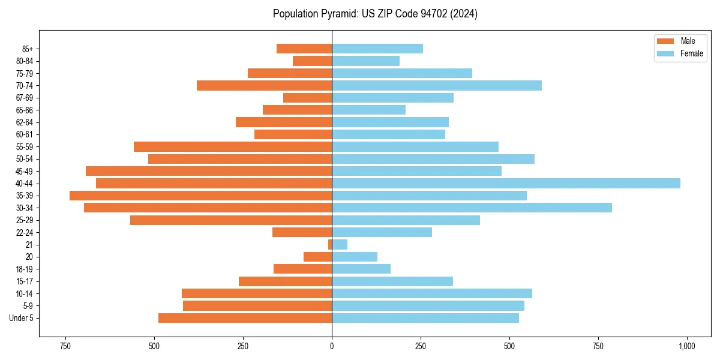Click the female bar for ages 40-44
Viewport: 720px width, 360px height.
pos(506,183)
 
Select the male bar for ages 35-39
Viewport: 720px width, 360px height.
pos(201,196)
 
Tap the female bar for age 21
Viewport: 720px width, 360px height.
pos(340,244)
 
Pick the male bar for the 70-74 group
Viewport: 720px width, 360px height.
pos(264,85)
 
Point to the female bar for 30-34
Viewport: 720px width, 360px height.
pos(472,208)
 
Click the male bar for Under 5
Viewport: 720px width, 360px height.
pos(245,318)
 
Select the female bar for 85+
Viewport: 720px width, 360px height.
pos(377,49)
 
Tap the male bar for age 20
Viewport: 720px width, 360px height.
pos(318,257)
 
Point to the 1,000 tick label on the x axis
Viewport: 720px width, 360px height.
pos(687,346)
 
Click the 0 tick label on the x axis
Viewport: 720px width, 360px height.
pos(332,346)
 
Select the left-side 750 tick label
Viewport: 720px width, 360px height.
pos(65,346)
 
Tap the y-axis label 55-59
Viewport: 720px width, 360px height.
pos(25,146)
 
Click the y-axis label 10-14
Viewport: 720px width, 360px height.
pos(25,293)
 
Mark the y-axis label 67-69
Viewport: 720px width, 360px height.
pos(25,98)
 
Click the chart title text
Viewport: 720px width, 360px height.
pos(375,14)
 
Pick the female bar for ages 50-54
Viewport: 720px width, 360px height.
pos(433,159)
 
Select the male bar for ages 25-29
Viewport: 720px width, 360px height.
pos(231,220)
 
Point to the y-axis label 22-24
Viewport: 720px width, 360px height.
pos(25,232)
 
